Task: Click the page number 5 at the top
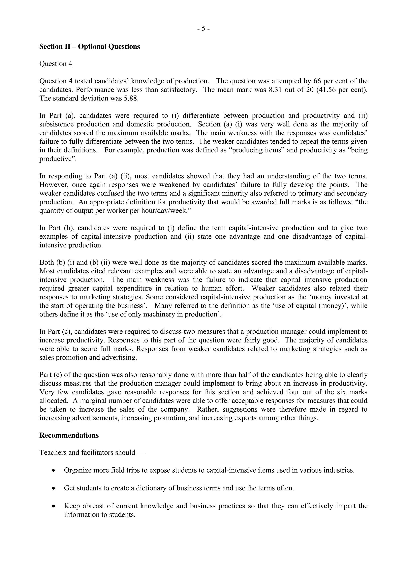(203, 29)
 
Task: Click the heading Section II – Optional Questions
(89, 47)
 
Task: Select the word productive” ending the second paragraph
(58, 159)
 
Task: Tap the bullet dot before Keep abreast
(53, 506)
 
